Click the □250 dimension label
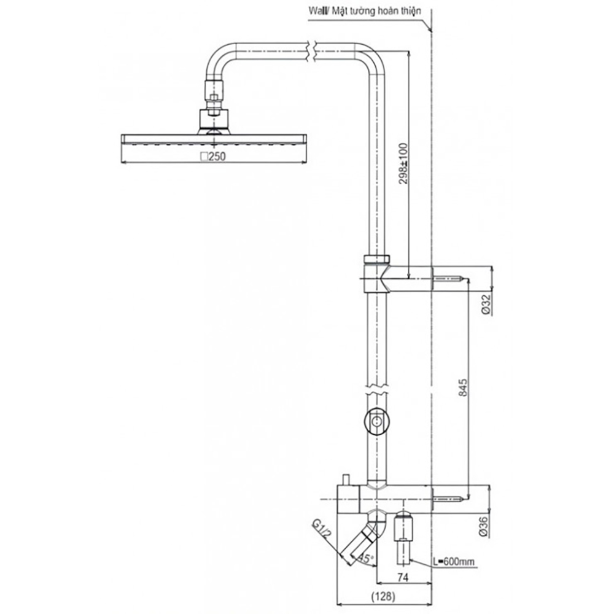tap(214, 157)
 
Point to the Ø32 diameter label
tap(485, 304)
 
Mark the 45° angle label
tap(367, 559)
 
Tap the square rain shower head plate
tap(214, 139)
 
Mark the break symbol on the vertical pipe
tap(376, 391)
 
